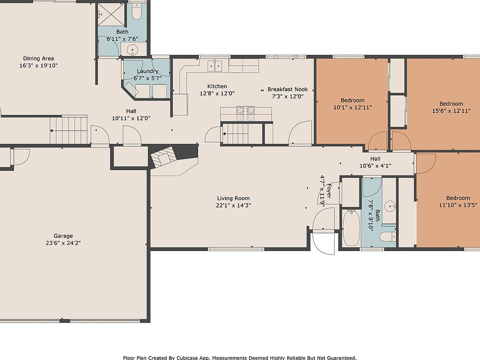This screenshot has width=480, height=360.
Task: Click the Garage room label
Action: point(63,235)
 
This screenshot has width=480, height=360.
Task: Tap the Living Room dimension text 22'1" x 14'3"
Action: point(233,205)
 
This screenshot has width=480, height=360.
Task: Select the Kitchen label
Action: point(217,86)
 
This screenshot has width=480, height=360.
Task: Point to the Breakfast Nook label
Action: point(287,89)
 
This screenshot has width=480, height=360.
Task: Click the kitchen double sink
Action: point(215,65)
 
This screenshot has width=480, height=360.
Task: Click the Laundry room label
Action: point(147,71)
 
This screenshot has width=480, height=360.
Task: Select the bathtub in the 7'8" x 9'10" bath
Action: point(351,227)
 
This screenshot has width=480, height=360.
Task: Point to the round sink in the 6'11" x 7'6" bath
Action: point(132,49)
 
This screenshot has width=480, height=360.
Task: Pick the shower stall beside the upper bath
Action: point(111,14)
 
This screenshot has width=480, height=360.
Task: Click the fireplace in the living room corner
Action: point(164,156)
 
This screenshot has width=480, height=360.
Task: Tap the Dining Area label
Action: point(38,58)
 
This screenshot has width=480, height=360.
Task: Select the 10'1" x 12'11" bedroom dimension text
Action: point(352,107)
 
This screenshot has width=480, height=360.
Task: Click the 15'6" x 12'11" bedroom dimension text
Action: point(451,111)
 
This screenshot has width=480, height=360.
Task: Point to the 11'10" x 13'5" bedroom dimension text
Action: point(458,205)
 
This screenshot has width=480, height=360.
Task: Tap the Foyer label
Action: point(329,190)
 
